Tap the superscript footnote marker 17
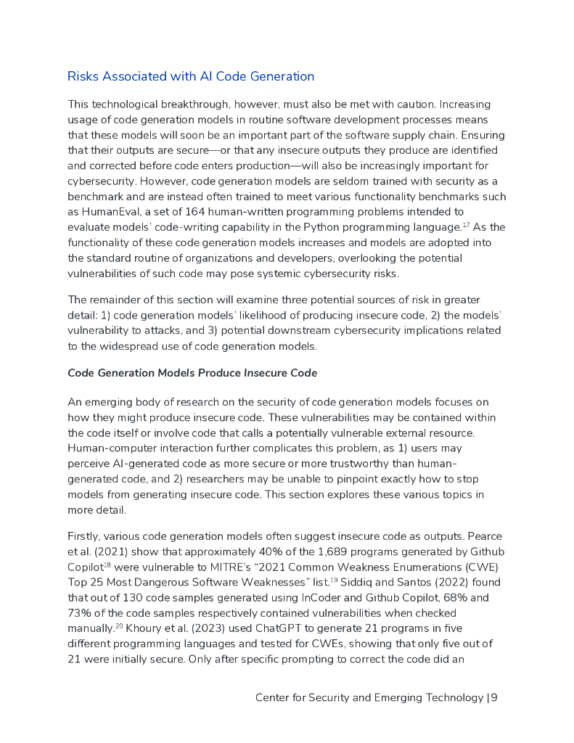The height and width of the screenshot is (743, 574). [x=467, y=223]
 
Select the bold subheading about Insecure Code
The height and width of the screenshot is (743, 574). [x=192, y=372]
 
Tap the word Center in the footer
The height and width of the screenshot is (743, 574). [x=274, y=698]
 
